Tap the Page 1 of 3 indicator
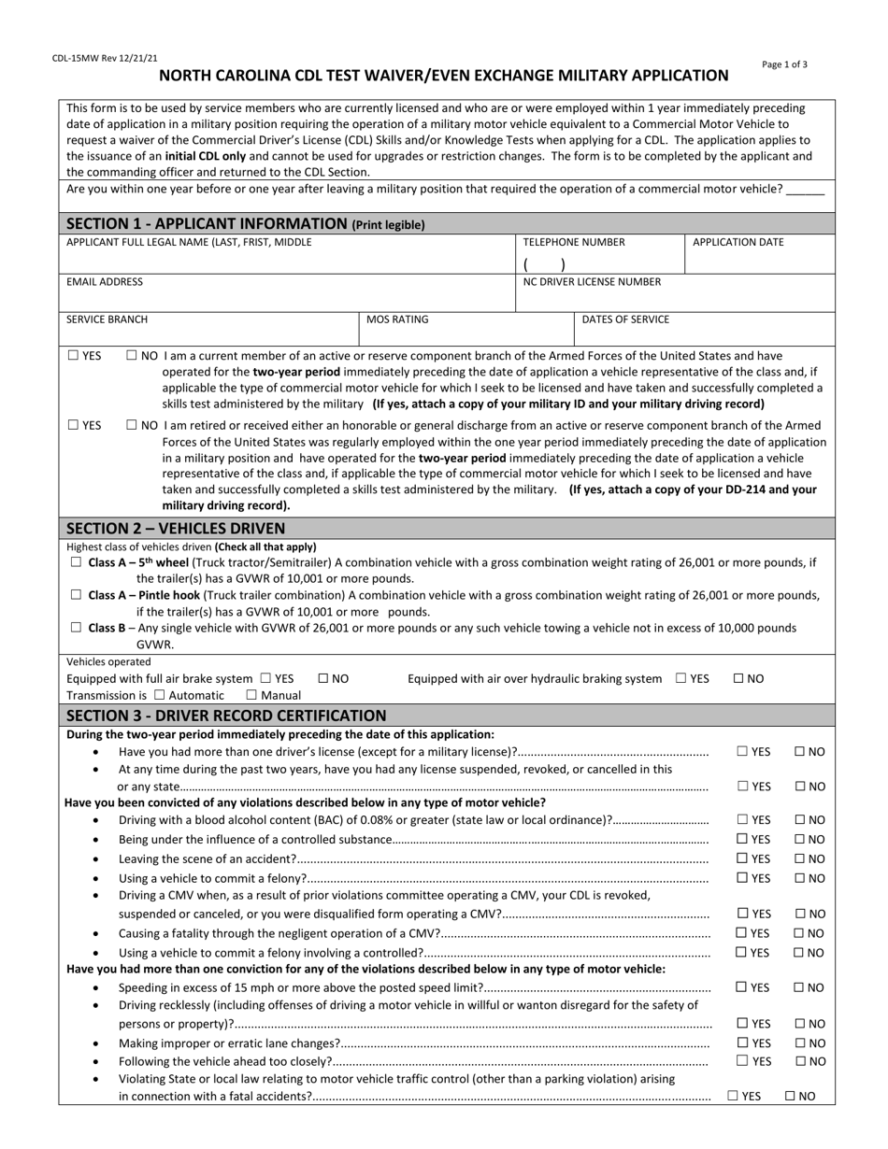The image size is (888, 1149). (785, 64)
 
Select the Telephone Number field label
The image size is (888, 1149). (574, 242)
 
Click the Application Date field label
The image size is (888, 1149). (738, 242)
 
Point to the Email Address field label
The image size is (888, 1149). (105, 281)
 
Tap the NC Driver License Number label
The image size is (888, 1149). (592, 281)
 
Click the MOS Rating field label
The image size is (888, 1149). (397, 319)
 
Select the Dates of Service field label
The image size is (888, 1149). (625, 319)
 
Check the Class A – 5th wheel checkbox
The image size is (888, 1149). (77, 562)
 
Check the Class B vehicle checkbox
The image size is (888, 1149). (77, 628)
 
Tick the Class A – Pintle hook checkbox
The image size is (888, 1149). (77, 595)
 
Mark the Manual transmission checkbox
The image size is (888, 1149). (251, 695)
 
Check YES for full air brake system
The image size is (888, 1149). (266, 678)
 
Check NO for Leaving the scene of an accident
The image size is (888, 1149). (800, 858)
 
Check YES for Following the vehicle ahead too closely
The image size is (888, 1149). (742, 1061)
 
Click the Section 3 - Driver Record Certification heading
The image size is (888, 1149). (226, 716)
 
